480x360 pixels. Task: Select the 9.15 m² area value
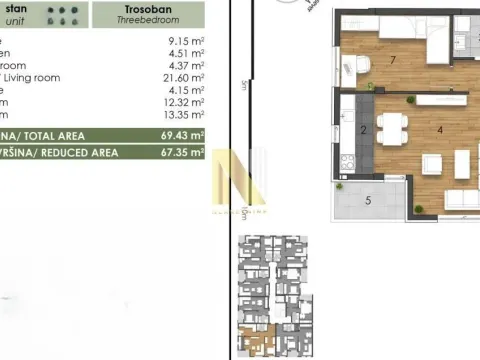[186, 43]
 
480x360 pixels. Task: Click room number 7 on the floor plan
[367, 61]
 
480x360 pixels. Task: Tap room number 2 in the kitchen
[363, 130]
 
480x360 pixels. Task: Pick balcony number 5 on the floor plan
[368, 201]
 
